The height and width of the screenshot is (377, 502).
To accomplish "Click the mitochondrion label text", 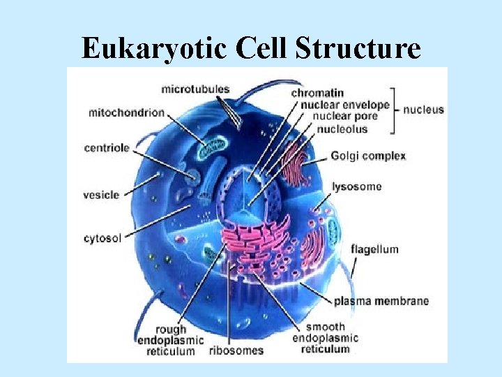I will (126, 112).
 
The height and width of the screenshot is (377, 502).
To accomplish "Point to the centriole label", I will (106, 148).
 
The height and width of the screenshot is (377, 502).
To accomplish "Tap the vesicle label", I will (101, 195).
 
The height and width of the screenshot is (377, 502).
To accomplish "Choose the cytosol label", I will (102, 238).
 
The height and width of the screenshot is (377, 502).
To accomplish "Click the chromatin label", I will (317, 93).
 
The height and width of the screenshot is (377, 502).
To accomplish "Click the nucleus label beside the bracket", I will (423, 110).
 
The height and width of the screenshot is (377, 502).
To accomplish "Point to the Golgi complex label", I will (368, 156).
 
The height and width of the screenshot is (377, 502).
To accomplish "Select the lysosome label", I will (357, 186).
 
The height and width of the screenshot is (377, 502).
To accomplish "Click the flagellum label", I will (374, 249).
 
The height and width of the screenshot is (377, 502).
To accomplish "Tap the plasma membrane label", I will (381, 302).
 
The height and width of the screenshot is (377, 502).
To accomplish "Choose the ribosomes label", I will (236, 350).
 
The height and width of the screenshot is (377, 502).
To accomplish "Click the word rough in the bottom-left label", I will (171, 329).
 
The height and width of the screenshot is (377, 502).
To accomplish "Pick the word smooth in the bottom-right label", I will (325, 327).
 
